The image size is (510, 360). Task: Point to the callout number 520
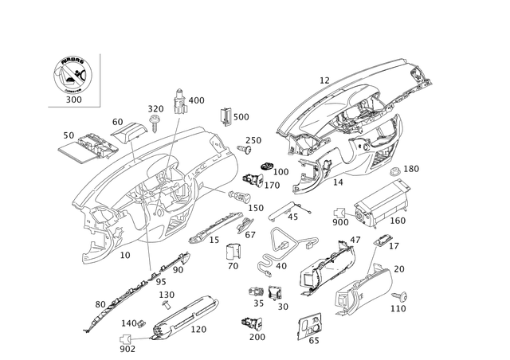click(x=197, y=100)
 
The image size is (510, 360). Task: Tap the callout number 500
click(x=241, y=117)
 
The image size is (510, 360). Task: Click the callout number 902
click(x=127, y=347)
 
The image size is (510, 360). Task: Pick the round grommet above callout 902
click(x=128, y=337)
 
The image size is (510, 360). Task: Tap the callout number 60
click(x=99, y=303)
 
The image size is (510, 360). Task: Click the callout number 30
click(x=117, y=121)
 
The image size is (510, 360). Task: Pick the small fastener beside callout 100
click(x=270, y=172)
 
